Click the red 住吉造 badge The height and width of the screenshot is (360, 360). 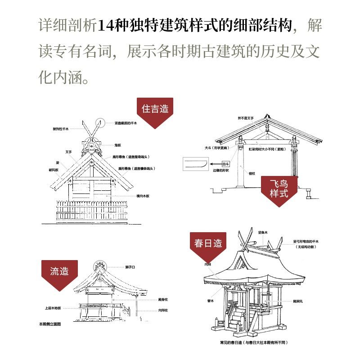click(x=155, y=109)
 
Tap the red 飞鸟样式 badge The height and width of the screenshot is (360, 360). click(x=280, y=189)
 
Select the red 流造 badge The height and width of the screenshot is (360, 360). click(x=59, y=271)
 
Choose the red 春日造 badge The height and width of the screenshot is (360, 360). click(x=208, y=243)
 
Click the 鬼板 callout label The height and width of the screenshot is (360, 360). click(x=118, y=145)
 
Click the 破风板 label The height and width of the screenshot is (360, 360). click(x=54, y=170)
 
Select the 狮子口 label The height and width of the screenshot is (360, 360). click(x=130, y=267)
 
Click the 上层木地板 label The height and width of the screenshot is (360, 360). click(x=53, y=308)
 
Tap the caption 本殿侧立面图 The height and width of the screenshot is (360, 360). click(x=49, y=324)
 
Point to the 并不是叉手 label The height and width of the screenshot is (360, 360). click(x=246, y=118)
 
